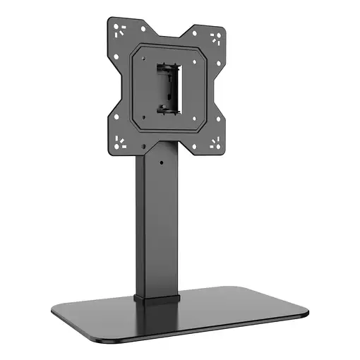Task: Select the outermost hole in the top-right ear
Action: (220, 33)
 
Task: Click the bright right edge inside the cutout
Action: (179, 90)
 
